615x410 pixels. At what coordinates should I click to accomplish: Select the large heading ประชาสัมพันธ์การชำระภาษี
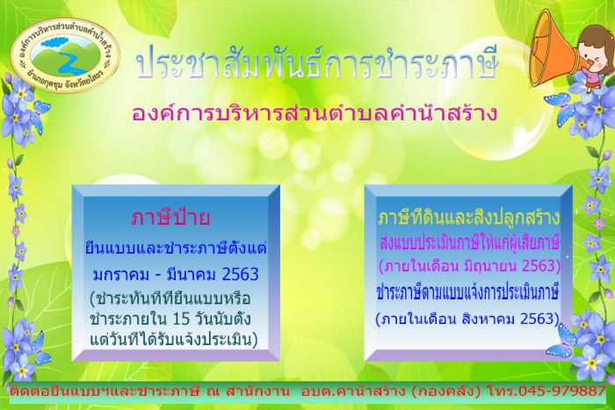tap(317, 64)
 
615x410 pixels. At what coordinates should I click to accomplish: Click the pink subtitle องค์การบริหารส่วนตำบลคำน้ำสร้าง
tap(315, 113)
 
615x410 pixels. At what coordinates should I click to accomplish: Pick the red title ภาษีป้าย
tap(170, 218)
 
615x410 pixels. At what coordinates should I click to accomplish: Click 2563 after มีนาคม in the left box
tap(240, 275)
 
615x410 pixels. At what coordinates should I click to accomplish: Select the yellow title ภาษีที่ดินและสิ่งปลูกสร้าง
tap(469, 218)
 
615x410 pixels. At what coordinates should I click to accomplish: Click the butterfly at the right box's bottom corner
tap(561, 341)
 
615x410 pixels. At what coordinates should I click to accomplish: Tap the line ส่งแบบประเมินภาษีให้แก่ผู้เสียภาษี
tap(469, 243)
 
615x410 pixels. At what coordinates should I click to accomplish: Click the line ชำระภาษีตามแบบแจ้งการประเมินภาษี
tap(467, 293)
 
